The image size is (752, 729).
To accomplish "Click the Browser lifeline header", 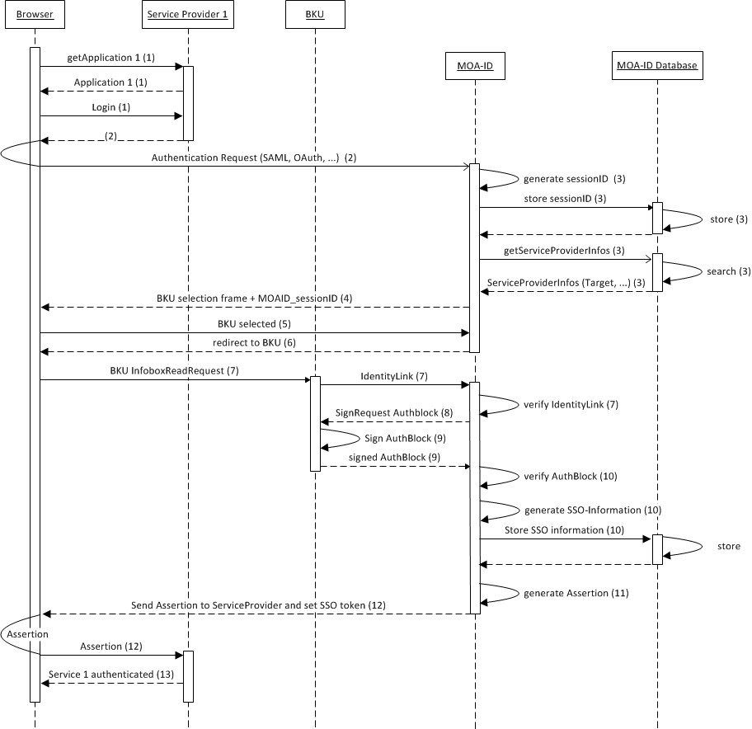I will coord(35,14).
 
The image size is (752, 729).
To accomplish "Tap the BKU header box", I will coord(314,14).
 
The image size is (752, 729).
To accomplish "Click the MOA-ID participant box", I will coord(475,66).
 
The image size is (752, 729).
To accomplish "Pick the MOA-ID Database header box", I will coord(657,66).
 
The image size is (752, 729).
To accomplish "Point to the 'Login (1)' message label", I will coord(110,107).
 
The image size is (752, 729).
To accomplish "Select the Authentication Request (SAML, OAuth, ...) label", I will coord(253,157).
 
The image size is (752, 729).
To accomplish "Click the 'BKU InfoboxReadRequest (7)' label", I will coord(174,371).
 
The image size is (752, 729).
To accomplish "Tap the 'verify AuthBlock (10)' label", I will coord(570,476).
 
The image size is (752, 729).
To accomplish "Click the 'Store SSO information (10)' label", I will coord(564,529).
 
